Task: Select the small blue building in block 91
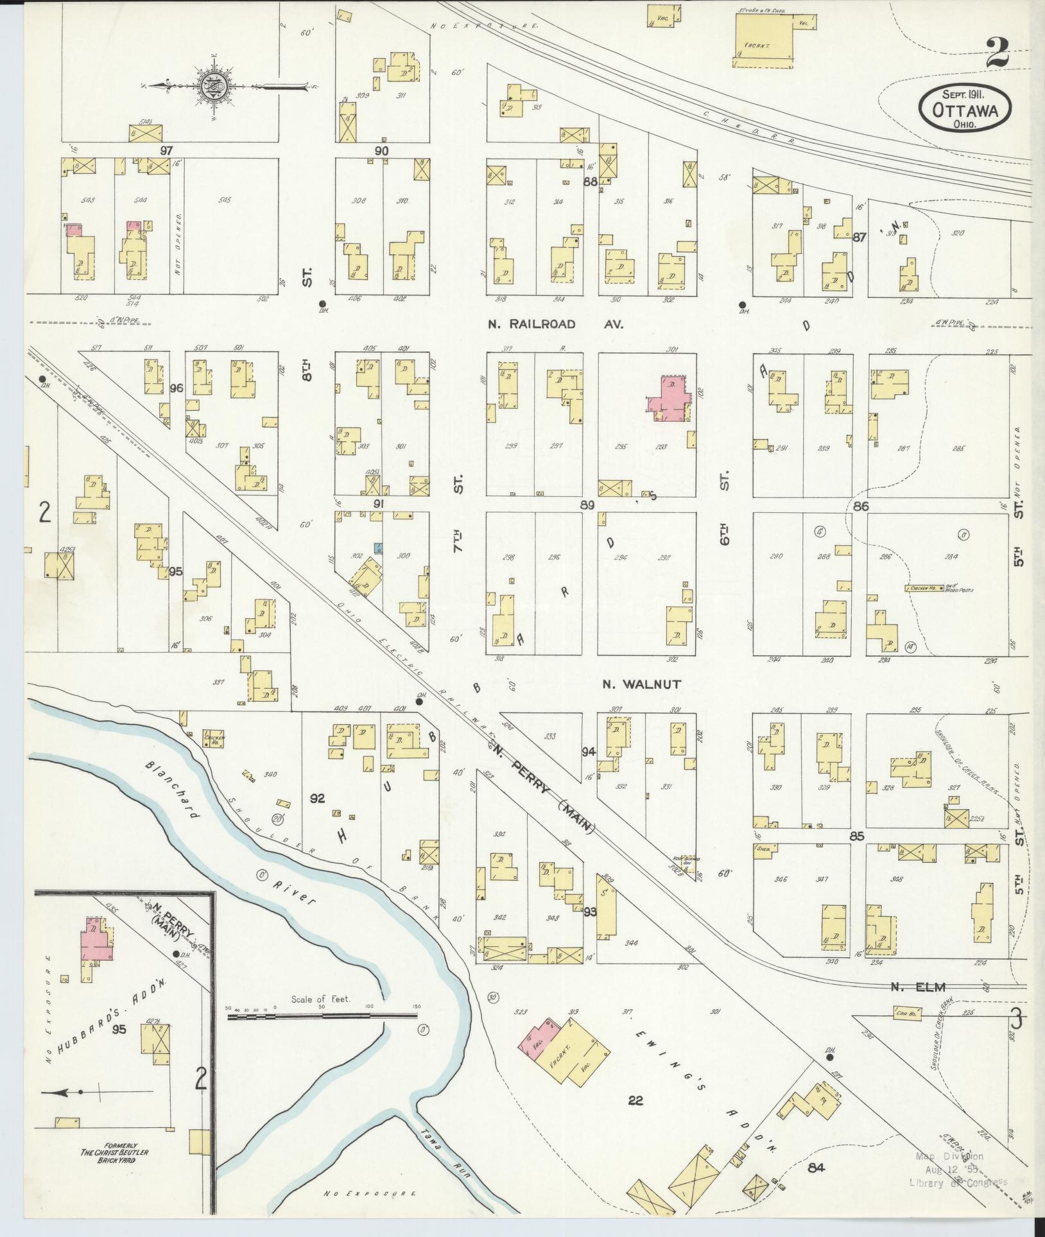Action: coord(379,548)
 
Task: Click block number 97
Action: coord(168,150)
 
